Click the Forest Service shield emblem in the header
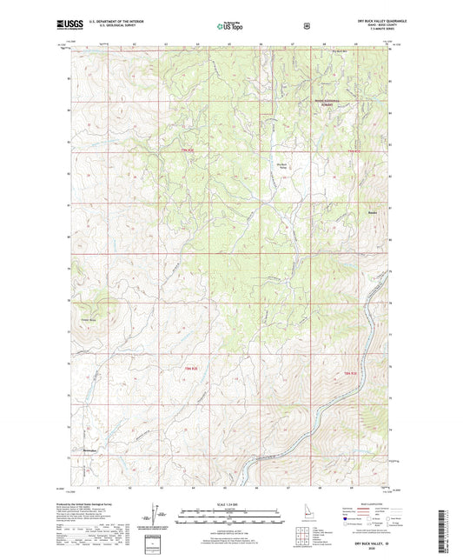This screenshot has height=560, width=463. click(x=307, y=25)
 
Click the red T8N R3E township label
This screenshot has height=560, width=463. click(x=350, y=373)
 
